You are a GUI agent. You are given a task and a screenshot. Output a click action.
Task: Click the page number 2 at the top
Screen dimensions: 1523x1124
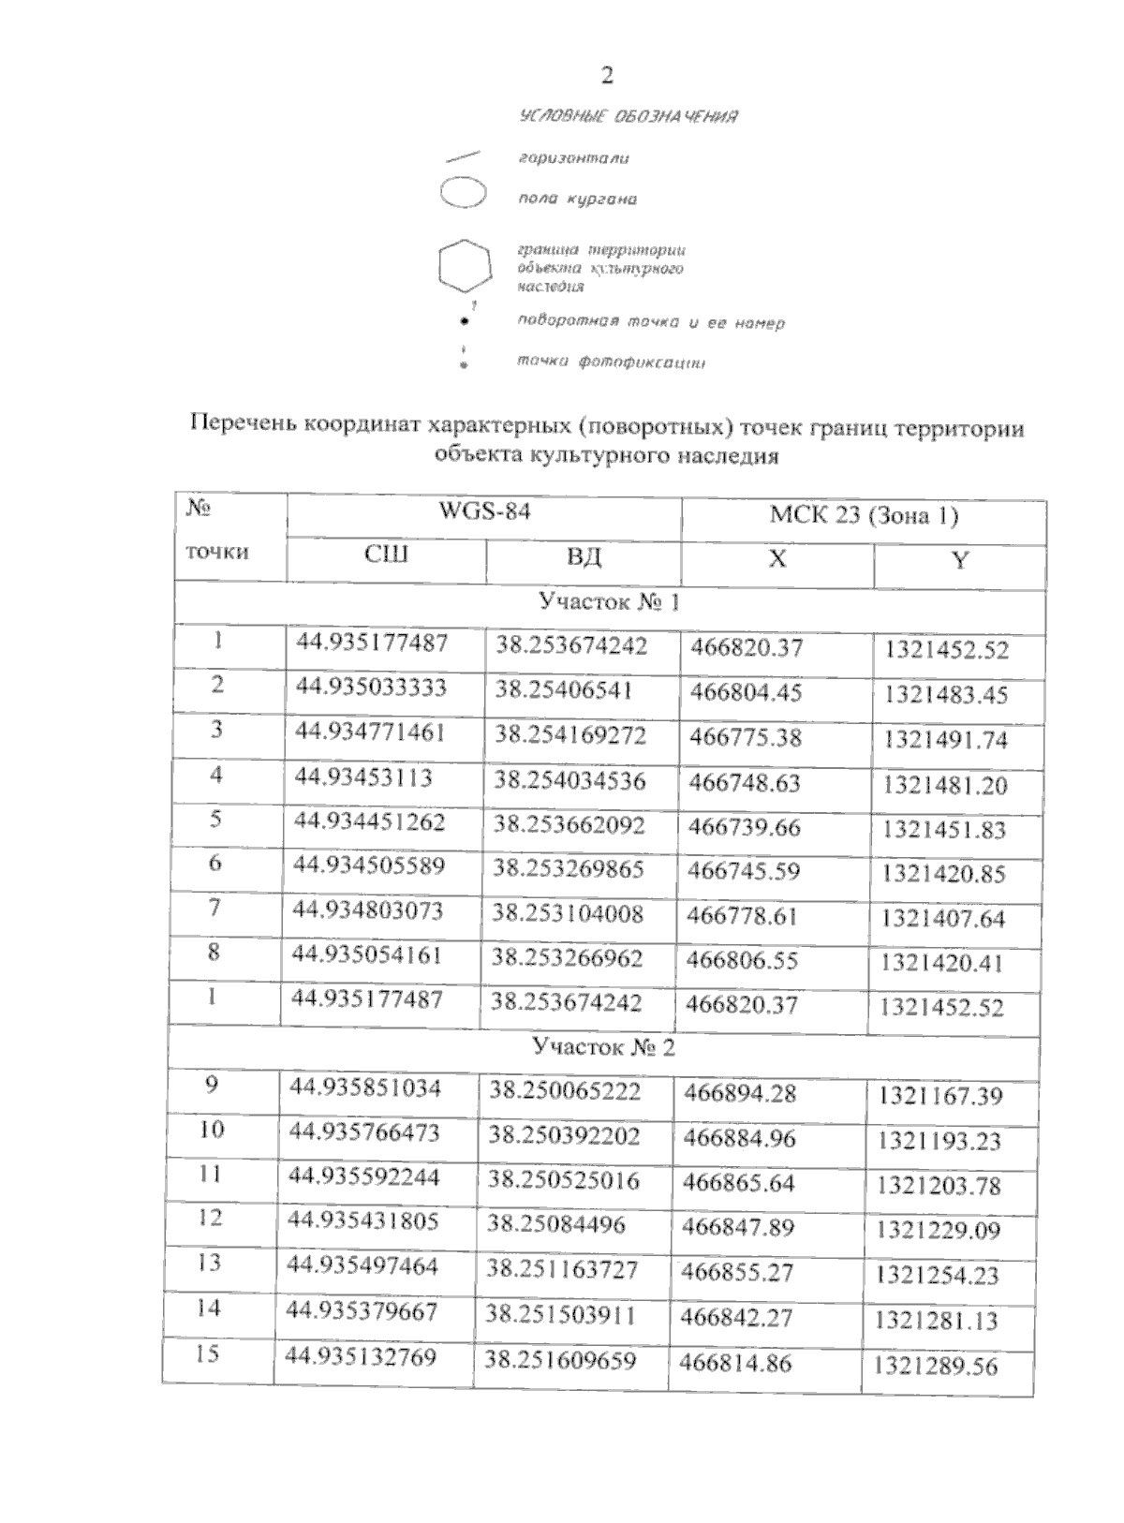607,76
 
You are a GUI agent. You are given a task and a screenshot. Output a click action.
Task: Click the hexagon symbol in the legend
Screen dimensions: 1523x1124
464,266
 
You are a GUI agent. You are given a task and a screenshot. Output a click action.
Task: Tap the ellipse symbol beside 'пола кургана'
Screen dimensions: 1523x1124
463,196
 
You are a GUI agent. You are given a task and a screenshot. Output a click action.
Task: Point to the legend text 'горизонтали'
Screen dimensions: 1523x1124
573,158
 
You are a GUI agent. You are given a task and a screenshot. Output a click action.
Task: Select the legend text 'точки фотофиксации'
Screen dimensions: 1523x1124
611,362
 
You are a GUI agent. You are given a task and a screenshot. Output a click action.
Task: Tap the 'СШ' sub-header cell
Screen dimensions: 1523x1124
386,555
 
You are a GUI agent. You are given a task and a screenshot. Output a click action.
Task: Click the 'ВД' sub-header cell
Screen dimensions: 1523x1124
584,558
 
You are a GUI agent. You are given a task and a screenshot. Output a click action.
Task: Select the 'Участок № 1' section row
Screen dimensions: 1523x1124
609,601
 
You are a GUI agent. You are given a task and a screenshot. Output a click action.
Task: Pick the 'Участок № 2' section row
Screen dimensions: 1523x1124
603,1046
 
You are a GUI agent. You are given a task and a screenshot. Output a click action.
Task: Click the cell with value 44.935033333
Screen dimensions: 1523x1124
371,688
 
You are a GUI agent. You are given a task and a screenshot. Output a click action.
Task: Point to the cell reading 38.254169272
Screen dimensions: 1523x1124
570,735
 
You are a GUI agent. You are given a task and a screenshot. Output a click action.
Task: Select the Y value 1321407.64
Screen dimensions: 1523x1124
942,919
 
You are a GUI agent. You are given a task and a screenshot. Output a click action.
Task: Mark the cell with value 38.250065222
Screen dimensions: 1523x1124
565,1091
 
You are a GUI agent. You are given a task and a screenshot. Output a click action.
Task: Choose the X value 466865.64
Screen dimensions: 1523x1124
739,1182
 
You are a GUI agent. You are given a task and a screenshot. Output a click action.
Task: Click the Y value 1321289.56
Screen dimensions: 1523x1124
936,1366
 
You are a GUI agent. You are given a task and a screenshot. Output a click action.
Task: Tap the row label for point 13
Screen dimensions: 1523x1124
209,1263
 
